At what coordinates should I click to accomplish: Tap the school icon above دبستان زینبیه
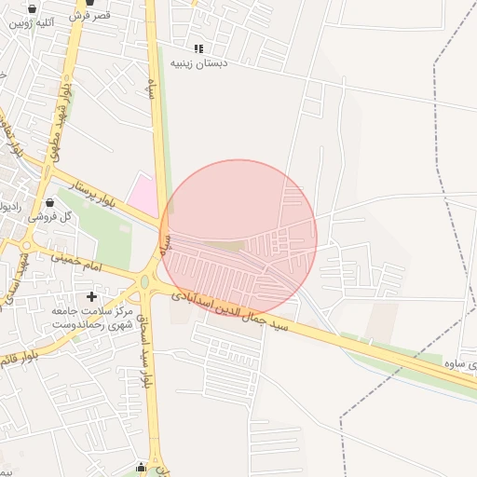[x=198, y=48]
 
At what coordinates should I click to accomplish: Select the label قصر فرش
[x=90, y=15]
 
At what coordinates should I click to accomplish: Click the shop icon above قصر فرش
[x=90, y=3]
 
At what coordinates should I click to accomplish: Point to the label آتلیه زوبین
[x=31, y=21]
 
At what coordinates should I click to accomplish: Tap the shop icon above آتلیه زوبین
[x=33, y=8]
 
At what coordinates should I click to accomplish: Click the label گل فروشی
[x=53, y=215]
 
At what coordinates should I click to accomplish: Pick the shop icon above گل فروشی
[x=50, y=202]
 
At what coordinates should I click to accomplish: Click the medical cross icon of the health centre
[x=91, y=296]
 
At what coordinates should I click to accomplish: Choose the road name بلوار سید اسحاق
[x=146, y=345]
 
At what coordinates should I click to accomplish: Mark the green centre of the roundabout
[x=144, y=280]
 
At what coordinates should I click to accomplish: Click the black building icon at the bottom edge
[x=141, y=468]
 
